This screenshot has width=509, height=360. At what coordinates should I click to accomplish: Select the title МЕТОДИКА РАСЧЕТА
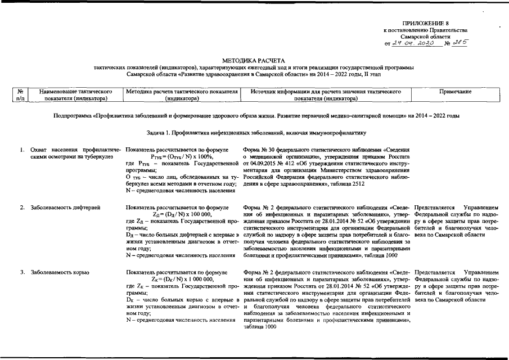pyautogui.click(x=254, y=60)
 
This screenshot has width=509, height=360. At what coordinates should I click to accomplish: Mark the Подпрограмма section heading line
pyautogui.click(x=254, y=115)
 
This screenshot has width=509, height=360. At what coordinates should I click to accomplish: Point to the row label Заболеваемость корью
pyautogui.click(x=60, y=272)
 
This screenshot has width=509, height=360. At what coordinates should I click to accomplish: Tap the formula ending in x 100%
pyautogui.click(x=181, y=157)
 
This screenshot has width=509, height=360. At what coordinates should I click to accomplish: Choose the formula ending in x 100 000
pyautogui.click(x=182, y=214)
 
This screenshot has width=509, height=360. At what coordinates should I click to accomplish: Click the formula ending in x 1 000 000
pyautogui.click(x=182, y=278)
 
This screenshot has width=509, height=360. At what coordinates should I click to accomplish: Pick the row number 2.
pyautogui.click(x=22, y=208)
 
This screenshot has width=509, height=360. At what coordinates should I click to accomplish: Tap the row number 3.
pyautogui.click(x=22, y=272)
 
